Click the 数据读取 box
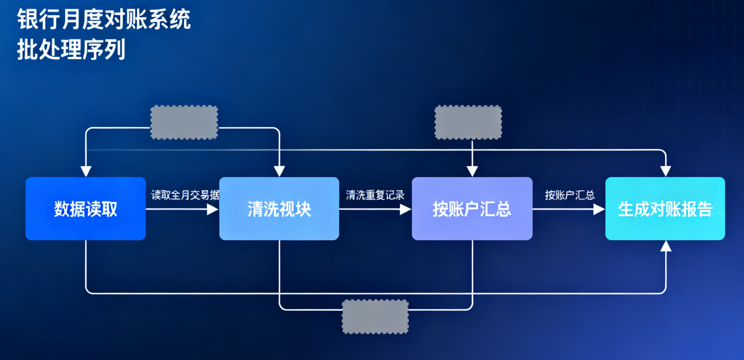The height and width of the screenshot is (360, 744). [85, 209]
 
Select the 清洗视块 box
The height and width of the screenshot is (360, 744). [279, 209]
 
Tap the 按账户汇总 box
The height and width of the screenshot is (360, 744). [472, 209]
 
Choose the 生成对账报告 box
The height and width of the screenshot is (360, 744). [665, 209]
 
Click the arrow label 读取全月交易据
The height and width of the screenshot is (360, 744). [185, 195]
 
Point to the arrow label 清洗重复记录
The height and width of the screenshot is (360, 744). [375, 195]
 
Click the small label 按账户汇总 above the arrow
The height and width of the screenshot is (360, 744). [569, 195]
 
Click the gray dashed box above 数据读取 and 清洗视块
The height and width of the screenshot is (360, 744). [184, 122]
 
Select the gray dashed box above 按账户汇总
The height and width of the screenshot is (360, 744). [468, 122]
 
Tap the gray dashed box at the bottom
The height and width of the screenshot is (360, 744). [375, 317]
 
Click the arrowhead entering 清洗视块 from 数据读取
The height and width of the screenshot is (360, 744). [213, 209]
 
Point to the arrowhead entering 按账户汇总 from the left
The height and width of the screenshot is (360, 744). [406, 209]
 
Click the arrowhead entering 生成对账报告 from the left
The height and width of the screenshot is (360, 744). [599, 209]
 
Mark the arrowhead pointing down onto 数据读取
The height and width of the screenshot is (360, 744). [86, 171]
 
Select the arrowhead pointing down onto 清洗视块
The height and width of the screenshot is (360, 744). [279, 171]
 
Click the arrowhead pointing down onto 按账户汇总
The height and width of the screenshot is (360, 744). [472, 171]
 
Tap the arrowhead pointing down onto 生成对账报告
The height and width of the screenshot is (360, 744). [666, 171]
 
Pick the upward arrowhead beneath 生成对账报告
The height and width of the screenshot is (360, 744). [666, 246]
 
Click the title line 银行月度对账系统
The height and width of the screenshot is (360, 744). [104, 20]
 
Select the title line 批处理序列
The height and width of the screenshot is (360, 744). [71, 49]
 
